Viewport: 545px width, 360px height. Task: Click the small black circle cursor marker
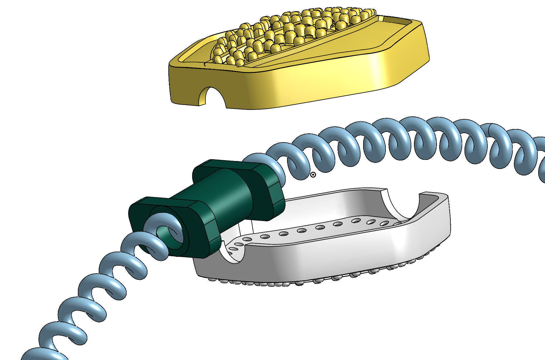(x=313, y=175)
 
